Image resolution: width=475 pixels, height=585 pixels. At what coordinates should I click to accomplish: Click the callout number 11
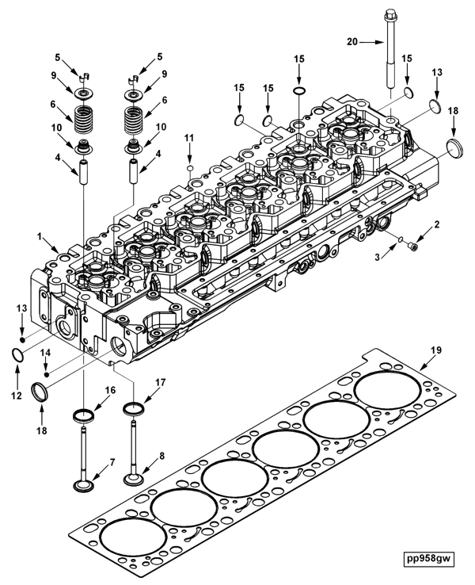pos(189,139)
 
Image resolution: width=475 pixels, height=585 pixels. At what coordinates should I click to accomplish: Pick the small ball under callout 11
pos(189,167)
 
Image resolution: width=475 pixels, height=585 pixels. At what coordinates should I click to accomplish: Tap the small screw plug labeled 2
pos(412,248)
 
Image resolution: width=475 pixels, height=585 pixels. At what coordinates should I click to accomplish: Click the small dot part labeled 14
pos(47,372)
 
